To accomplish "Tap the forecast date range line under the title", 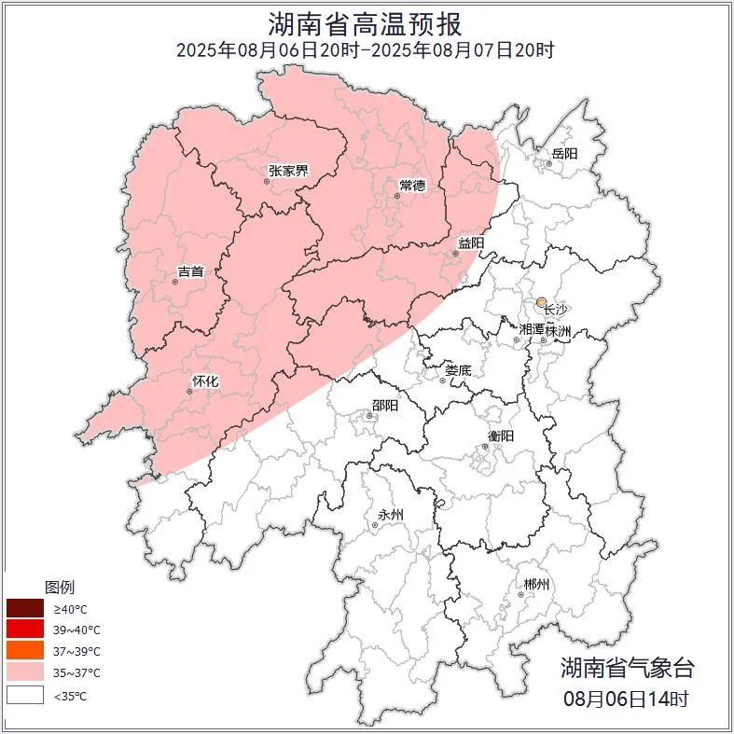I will [366, 50].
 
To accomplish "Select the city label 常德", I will [412, 186].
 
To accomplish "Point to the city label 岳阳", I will [564, 153].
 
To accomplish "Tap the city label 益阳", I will [470, 243].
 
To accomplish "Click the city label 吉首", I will [190, 272].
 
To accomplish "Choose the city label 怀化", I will [205, 381].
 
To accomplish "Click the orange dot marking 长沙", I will [541, 302].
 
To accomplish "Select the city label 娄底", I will [457, 370].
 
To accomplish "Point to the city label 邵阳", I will [384, 406].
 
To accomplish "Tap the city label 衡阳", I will [501, 436].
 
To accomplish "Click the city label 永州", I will [391, 515].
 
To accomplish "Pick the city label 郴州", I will [535, 585].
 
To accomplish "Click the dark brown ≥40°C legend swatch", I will [25, 608].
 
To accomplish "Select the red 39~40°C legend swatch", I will [25, 630].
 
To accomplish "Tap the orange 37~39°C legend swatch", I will [25, 651].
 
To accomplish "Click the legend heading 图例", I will [60, 588].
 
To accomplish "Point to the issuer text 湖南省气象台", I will [627, 668].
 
